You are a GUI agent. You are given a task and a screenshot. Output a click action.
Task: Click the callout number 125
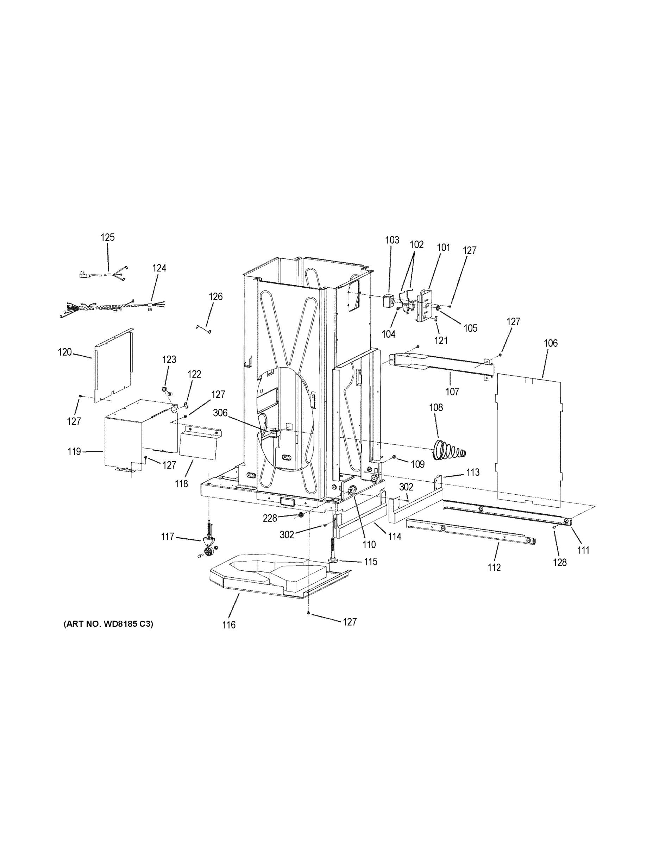108,237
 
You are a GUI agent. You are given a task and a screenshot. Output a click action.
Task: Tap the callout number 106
551,343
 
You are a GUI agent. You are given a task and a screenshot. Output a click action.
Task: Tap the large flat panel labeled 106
528,441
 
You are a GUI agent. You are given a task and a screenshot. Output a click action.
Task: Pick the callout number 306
220,413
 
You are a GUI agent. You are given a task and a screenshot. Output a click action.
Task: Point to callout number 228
270,518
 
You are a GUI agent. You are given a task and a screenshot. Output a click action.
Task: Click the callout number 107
452,392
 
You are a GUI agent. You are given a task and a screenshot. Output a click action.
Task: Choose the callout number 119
74,451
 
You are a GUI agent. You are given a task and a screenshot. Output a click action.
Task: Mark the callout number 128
560,562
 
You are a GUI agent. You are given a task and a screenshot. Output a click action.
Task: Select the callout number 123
169,359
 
